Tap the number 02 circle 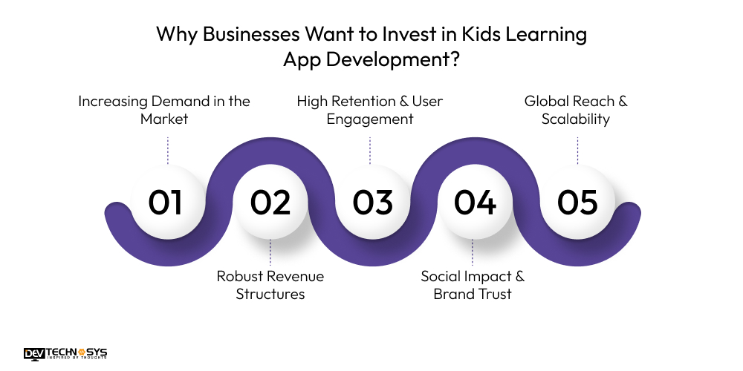pyautogui.click(x=269, y=203)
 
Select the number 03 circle pyautogui.click(x=371, y=203)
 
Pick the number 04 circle pyautogui.click(x=475, y=203)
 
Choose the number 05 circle pyautogui.click(x=577, y=203)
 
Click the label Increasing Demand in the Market pyautogui.click(x=164, y=109)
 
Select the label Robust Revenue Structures pyautogui.click(x=270, y=285)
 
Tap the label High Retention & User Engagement pyautogui.click(x=370, y=109)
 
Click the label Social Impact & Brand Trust pyautogui.click(x=473, y=285)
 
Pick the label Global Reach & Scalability pyautogui.click(x=576, y=109)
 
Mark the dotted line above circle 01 pyautogui.click(x=167, y=149)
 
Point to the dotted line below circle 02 pyautogui.click(x=270, y=252)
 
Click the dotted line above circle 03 pyautogui.click(x=371, y=149)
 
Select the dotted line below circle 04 pyautogui.click(x=473, y=252)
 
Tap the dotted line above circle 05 pyautogui.click(x=577, y=149)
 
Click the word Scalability pyautogui.click(x=576, y=119)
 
